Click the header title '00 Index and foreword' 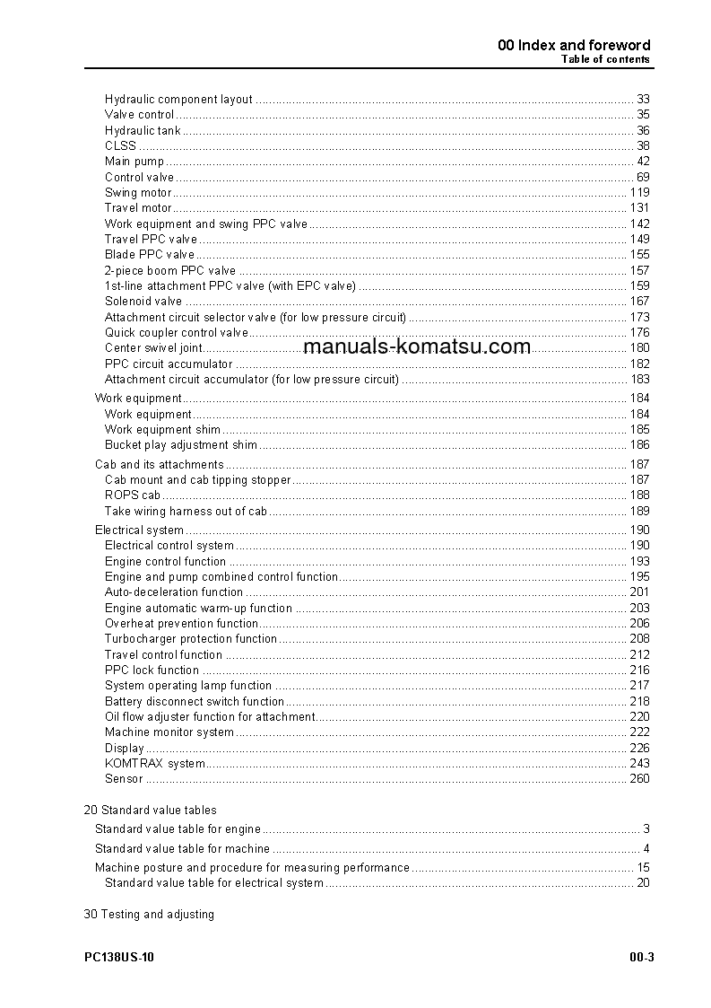tap(574, 45)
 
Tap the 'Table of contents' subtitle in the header tap(605, 60)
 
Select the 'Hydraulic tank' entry tap(143, 131)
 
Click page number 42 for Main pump tap(643, 162)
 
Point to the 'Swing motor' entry tap(137, 193)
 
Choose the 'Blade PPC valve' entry tap(150, 255)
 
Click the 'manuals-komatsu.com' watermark tap(417, 347)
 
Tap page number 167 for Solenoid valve tap(639, 302)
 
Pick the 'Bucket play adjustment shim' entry tap(181, 445)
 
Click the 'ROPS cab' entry tap(133, 495)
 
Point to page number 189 tap(639, 512)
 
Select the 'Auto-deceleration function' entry tap(174, 592)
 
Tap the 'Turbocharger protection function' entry tap(191, 639)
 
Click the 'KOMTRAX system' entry tap(154, 764)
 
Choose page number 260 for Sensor tap(639, 779)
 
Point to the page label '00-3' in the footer tap(641, 958)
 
